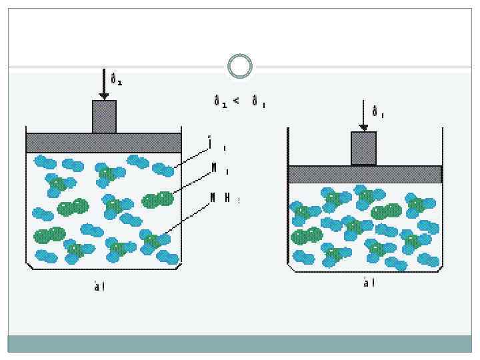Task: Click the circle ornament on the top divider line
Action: (239, 66)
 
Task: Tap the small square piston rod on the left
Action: (104, 117)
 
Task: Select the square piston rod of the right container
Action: (363, 148)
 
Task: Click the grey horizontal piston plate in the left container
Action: (103, 143)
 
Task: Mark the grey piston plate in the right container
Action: (365, 174)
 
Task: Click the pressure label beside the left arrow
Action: (116, 80)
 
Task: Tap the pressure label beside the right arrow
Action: (377, 112)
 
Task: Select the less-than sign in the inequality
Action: (235, 102)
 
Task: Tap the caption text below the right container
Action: (369, 283)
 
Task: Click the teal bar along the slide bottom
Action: (239, 343)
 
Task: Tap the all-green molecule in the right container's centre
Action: (385, 212)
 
